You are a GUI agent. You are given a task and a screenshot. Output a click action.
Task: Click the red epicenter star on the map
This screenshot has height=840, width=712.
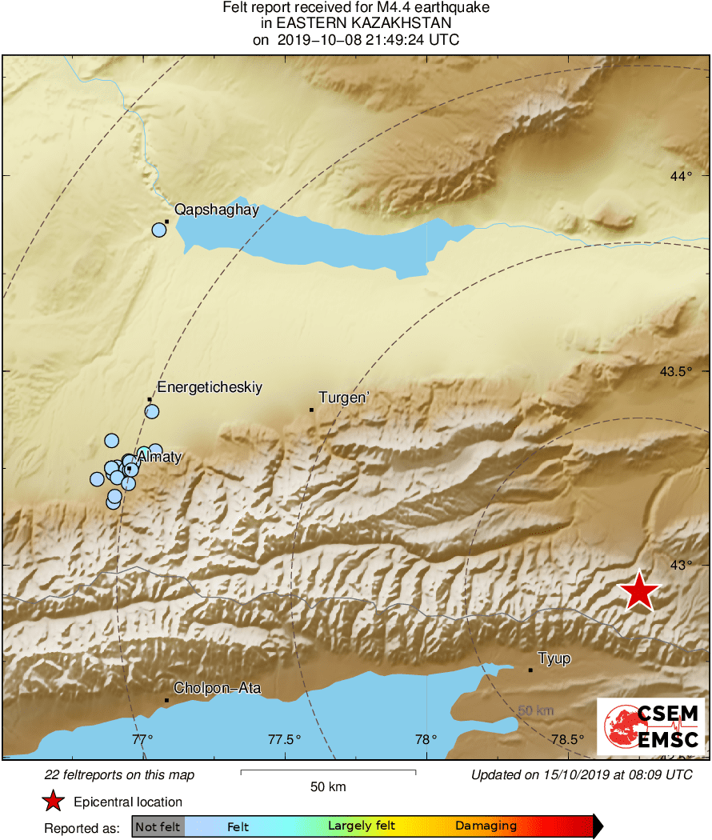tap(639, 592)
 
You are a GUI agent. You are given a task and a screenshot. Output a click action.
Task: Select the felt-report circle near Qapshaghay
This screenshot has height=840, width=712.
tap(158, 230)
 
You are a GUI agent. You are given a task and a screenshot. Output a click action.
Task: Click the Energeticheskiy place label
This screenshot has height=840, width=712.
tap(210, 387)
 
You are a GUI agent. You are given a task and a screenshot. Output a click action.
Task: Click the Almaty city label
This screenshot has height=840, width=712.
tap(159, 458)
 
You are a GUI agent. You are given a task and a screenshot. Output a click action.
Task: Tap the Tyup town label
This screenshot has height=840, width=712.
tap(554, 658)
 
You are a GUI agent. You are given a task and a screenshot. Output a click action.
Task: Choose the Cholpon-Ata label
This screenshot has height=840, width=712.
tap(217, 688)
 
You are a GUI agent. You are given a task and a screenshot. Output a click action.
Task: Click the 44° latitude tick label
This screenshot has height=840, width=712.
tap(681, 176)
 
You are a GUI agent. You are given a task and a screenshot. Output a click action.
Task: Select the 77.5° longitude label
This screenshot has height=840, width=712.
tap(284, 738)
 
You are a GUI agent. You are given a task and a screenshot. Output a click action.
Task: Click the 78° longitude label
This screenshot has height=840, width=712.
tap(426, 738)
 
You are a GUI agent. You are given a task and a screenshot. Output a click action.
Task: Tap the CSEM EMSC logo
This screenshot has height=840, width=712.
tap(650, 725)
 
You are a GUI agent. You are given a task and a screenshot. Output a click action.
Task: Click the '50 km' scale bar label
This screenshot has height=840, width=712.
tap(328, 787)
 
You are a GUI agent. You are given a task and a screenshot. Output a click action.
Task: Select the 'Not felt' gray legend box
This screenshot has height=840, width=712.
tap(158, 826)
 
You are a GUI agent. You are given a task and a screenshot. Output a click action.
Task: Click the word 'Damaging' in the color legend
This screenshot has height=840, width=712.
tap(486, 826)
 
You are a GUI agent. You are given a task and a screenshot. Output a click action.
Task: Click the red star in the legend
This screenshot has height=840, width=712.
tap(53, 801)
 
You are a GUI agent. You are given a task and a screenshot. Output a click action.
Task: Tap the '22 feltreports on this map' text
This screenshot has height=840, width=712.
tap(119, 774)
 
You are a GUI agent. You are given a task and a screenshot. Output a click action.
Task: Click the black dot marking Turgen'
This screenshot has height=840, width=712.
tap(311, 410)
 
